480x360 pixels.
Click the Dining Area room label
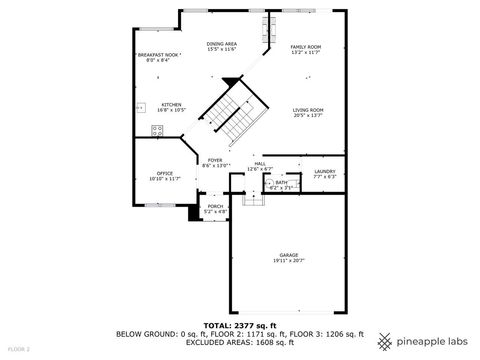tap(221, 44)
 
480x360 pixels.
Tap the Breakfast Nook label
tap(159, 56)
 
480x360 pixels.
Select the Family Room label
tap(305, 47)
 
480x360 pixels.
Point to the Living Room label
tap(308, 110)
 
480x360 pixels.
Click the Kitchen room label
tap(171, 103)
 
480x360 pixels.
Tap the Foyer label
tap(215, 160)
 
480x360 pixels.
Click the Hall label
tap(259, 163)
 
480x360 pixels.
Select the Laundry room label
tap(324, 171)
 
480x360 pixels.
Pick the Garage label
tap(289, 255)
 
